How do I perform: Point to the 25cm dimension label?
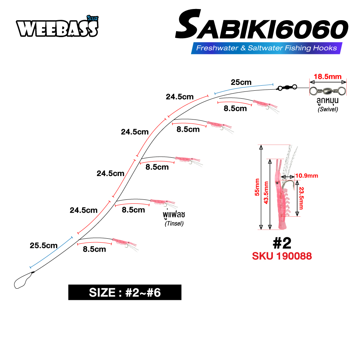(241, 82)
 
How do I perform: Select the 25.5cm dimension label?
(44, 246)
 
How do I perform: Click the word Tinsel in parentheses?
(174, 224)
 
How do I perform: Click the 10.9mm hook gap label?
(306, 176)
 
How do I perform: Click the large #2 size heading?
(282, 243)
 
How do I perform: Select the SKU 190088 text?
(282, 256)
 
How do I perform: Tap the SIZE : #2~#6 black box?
(125, 292)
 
